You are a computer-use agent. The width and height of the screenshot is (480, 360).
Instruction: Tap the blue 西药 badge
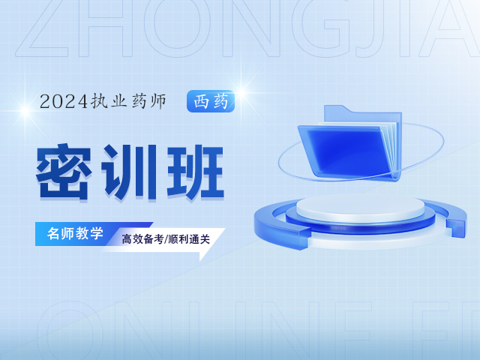(x=211, y=101)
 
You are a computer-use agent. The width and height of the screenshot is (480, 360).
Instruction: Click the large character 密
(x=64, y=172)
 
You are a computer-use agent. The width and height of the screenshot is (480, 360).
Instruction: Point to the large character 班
(x=195, y=172)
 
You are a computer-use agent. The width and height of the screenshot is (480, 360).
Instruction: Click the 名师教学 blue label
(x=75, y=233)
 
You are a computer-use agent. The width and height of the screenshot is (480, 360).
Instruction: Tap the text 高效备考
(x=142, y=239)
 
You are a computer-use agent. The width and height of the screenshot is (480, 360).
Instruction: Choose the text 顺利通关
(x=189, y=239)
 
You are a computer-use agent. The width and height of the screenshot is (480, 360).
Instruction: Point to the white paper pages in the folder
(x=388, y=144)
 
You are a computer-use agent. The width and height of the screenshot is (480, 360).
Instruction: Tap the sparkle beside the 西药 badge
(x=241, y=92)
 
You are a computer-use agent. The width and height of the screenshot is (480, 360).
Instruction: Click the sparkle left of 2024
(x=25, y=111)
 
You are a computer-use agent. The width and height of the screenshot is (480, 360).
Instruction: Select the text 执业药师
(x=128, y=101)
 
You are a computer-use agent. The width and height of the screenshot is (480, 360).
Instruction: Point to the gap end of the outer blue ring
(x=456, y=228)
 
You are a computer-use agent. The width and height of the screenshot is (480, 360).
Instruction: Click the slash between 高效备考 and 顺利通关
(x=166, y=239)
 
